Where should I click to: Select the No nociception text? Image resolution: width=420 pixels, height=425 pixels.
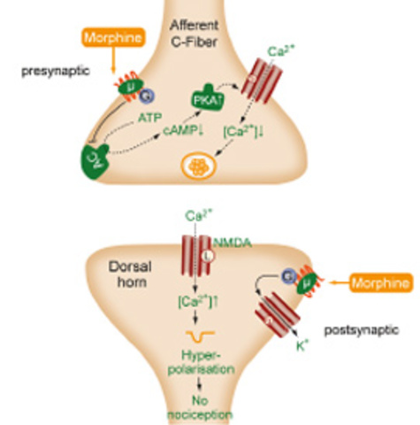(203, 406)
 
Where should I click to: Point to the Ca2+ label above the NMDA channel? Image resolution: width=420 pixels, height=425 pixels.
(196, 218)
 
